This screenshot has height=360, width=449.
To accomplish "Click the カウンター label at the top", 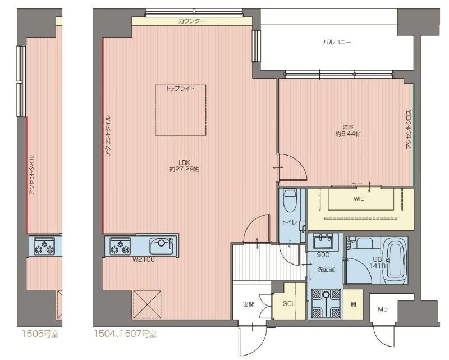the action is click(192, 21).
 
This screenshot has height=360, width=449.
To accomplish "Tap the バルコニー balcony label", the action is click(337, 43).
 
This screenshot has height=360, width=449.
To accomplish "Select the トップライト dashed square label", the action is click(180, 89).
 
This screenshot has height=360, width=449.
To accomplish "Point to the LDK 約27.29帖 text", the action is click(184, 166).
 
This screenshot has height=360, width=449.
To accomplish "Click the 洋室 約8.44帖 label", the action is click(348, 131).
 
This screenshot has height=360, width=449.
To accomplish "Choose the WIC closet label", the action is click(359, 199).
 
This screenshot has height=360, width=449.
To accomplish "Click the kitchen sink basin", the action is click(162, 245).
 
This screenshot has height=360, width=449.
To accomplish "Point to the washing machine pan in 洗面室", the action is click(326, 303).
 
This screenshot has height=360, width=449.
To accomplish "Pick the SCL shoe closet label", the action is click(288, 304).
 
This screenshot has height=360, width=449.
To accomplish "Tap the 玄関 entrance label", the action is click(249, 305).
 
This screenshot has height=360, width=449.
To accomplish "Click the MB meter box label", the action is click(383, 309).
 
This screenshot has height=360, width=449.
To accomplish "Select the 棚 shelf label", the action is click(354, 304).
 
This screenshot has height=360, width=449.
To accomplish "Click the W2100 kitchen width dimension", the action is click(143, 259).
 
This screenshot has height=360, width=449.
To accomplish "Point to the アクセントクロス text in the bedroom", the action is click(409, 129).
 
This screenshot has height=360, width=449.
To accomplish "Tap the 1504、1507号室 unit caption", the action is click(126, 334).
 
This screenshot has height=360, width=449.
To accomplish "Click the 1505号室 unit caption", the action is click(40, 334).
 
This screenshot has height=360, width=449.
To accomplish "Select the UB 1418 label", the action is click(377, 262).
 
